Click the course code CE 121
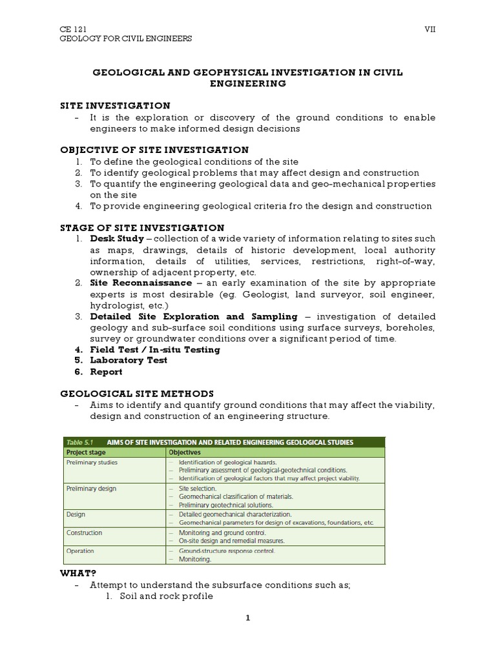point(72,29)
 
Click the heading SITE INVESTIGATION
point(115,105)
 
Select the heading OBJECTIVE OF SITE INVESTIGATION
point(154,150)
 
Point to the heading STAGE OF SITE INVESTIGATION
point(142,228)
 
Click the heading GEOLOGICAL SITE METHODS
point(137,393)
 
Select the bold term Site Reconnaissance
point(141,283)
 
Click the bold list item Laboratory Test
point(129,360)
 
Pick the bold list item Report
point(106,372)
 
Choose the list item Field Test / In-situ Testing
point(155,349)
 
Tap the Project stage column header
point(87,453)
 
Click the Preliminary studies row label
point(92,463)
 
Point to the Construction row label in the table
point(84,533)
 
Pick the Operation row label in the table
point(80,551)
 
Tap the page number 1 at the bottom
point(247,618)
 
